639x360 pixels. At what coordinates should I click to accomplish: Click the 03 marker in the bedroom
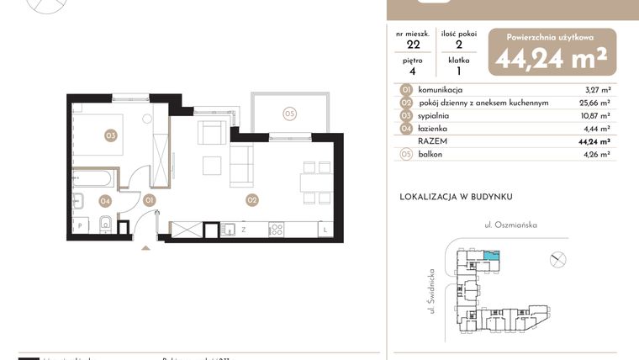click(110, 135)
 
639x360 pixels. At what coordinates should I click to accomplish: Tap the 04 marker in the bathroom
click(105, 200)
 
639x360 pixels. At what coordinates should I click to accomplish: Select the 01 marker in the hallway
click(149, 200)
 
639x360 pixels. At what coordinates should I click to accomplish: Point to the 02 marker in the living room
click(251, 200)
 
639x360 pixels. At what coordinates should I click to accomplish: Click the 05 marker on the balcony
click(289, 114)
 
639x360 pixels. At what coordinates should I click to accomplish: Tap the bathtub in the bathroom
click(94, 178)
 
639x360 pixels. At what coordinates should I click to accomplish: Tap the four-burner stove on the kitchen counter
click(276, 228)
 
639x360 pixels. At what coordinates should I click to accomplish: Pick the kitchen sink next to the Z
click(228, 228)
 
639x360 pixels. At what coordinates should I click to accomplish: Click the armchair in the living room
click(212, 133)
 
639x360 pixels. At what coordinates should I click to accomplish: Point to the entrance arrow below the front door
click(148, 247)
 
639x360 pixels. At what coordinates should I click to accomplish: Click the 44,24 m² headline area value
click(552, 58)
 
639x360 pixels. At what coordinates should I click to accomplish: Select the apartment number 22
click(413, 45)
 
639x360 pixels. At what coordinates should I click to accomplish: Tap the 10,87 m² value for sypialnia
click(595, 115)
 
